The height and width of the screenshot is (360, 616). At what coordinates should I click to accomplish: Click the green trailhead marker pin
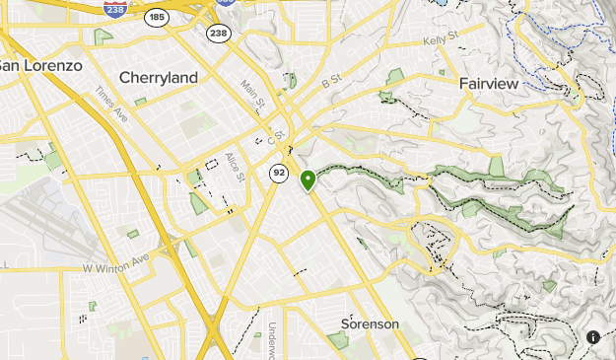pos(308,180)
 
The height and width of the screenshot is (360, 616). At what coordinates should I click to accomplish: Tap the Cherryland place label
pos(158,77)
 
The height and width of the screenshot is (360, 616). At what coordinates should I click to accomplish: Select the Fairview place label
pos(488,84)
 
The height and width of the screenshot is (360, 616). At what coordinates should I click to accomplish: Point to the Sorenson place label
pos(370,324)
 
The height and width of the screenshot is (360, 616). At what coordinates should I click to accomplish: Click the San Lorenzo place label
pos(39,65)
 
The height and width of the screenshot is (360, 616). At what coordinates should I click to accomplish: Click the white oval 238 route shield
pos(217,33)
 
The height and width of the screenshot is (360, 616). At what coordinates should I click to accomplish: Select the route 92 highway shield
pos(279,174)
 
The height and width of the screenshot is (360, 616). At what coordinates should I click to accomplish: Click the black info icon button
pos(593,336)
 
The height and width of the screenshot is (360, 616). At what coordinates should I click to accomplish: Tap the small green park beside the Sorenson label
pos(338,340)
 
